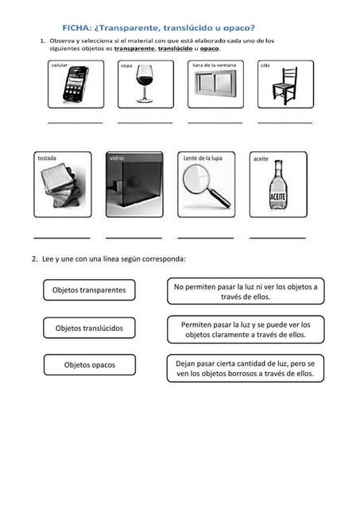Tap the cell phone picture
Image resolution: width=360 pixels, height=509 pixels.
(75, 84)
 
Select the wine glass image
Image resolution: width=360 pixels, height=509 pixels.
(145, 84)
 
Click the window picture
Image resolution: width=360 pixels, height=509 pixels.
(215, 84)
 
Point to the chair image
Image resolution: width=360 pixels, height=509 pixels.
(285, 85)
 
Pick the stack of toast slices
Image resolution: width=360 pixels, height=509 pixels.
(61, 185)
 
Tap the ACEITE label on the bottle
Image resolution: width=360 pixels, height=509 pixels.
(278, 196)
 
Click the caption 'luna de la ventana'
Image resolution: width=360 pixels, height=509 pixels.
(214, 65)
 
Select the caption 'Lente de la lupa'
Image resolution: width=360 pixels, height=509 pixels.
(203, 158)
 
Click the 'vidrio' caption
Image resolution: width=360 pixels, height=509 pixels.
(117, 158)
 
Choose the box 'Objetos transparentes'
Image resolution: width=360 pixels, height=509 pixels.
(89, 289)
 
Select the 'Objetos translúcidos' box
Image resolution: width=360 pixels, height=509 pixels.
(89, 328)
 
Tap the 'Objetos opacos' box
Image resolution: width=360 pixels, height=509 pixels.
(90, 365)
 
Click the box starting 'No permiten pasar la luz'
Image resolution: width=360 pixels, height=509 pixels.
(246, 291)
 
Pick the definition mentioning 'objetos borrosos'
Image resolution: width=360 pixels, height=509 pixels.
(246, 368)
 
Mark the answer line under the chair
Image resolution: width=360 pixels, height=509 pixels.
(285, 123)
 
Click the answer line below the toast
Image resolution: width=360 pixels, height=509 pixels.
(62, 238)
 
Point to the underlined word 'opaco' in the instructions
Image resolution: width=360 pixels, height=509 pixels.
(209, 49)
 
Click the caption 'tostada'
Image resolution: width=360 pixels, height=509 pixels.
(47, 158)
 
